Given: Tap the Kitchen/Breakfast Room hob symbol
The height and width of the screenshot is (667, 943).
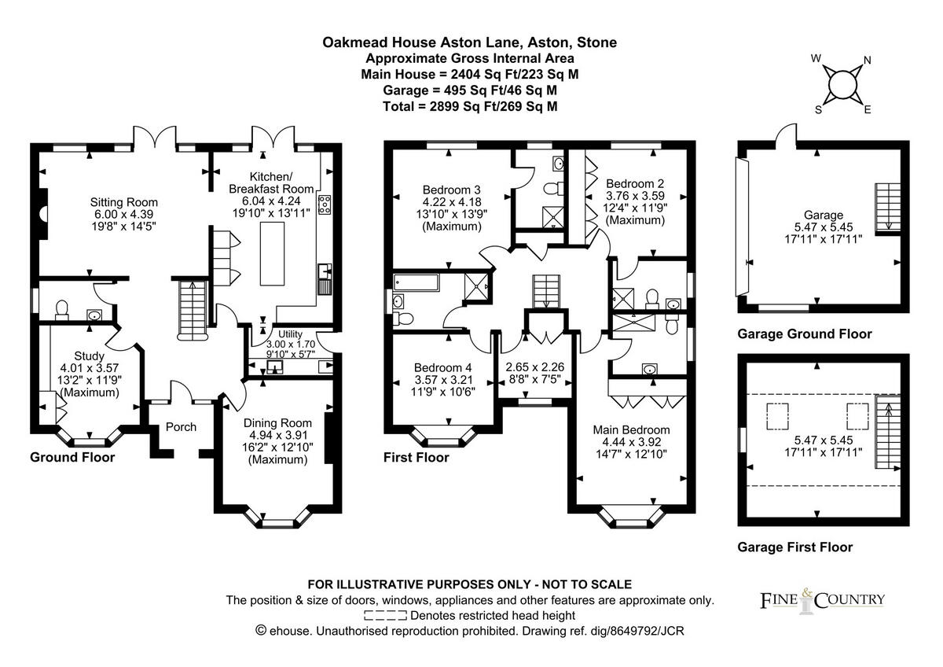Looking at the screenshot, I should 324,205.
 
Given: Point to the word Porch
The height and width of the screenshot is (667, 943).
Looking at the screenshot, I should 180,427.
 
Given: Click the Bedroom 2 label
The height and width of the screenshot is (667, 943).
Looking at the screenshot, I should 635,182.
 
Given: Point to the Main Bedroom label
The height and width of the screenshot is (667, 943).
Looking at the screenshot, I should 631,429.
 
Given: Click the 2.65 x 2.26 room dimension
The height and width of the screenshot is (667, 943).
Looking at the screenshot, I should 535,367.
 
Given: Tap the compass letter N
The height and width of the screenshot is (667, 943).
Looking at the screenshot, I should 868,61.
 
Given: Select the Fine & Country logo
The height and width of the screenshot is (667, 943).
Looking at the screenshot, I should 822,601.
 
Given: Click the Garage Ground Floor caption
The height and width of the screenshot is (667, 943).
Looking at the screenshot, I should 804,334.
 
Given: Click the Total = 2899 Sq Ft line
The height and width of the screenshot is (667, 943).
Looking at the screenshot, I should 470,106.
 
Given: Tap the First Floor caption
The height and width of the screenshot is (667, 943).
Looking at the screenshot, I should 416,457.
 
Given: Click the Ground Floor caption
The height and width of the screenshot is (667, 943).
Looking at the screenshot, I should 72,457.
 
